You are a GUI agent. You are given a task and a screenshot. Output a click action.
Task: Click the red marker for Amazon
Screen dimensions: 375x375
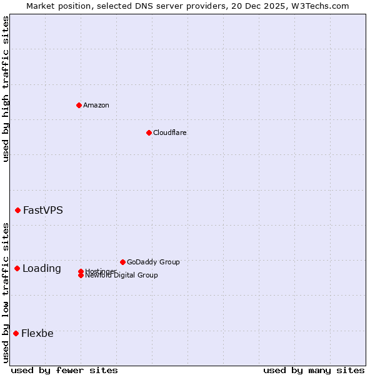79,105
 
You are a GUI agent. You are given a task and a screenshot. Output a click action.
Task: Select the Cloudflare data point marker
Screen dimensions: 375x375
149,132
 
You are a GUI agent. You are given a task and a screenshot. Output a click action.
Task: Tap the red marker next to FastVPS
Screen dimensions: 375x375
17,210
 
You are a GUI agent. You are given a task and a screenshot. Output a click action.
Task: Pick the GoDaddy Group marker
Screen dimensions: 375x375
122,262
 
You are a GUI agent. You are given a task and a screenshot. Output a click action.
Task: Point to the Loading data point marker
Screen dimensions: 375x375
17,268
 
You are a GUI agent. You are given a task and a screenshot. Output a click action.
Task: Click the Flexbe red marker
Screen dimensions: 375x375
16,333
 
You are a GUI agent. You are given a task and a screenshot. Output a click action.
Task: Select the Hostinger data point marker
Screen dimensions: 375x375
81,271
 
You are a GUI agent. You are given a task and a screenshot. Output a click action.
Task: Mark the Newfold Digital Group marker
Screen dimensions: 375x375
81,276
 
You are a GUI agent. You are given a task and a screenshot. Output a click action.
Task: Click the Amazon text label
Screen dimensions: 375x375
96,105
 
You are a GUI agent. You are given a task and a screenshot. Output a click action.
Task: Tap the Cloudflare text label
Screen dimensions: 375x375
170,132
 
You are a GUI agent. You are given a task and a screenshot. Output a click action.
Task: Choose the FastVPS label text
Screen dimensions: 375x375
43,210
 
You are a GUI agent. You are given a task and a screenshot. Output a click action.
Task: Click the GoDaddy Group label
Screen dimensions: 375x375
153,262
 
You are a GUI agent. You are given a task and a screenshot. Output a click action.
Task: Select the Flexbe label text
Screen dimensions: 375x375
37,333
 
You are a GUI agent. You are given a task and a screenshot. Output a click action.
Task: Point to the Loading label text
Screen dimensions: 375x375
42,268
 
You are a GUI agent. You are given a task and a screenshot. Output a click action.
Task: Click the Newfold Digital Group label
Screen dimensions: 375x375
122,276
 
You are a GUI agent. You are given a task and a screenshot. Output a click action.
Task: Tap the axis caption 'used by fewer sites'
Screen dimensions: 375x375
64,370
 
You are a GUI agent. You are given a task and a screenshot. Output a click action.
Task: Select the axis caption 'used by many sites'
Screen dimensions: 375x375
314,370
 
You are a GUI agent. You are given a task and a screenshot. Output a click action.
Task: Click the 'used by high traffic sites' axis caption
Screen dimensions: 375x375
6,89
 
